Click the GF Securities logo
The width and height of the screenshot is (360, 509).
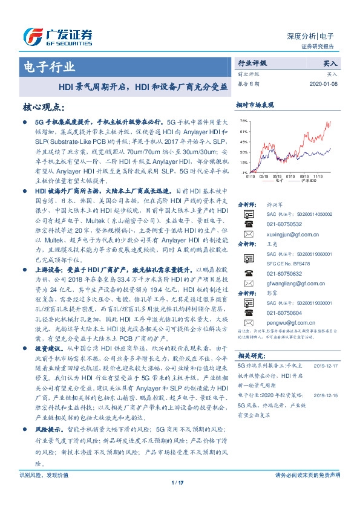57,36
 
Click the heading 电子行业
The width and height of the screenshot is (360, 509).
49,66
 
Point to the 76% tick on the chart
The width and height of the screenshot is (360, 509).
243,120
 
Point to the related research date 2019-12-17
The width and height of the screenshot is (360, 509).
326,366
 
